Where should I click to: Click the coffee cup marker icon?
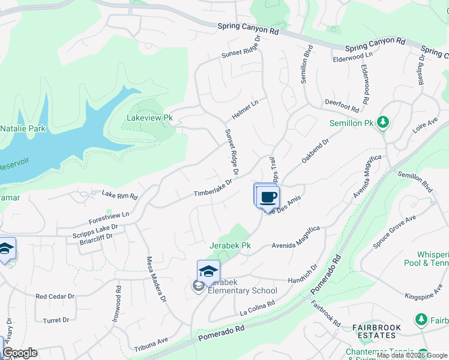268,197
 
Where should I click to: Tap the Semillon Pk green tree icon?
382,123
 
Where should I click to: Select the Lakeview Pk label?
149,118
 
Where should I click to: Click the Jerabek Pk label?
230,246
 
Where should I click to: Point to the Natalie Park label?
23,128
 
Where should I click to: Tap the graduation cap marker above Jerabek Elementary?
208,271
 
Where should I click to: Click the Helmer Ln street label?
246,109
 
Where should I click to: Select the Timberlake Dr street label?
212,188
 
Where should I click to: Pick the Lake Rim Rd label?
119,195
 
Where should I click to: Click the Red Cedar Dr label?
55,296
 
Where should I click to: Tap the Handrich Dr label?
302,277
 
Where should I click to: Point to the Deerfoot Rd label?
342,106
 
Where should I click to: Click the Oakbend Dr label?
316,151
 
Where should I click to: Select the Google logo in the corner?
20,353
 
